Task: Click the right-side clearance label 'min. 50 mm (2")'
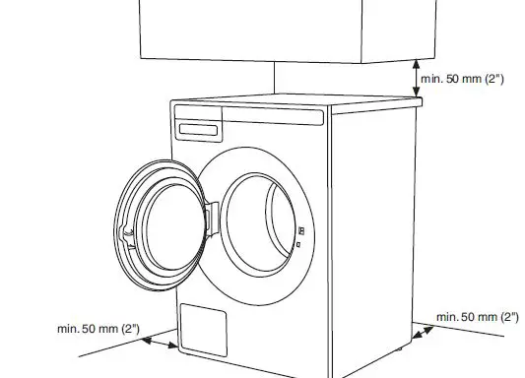(x=477, y=316)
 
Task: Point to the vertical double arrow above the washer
(x=416, y=76)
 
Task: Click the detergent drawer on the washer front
(x=198, y=129)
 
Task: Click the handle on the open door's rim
(x=124, y=231)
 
